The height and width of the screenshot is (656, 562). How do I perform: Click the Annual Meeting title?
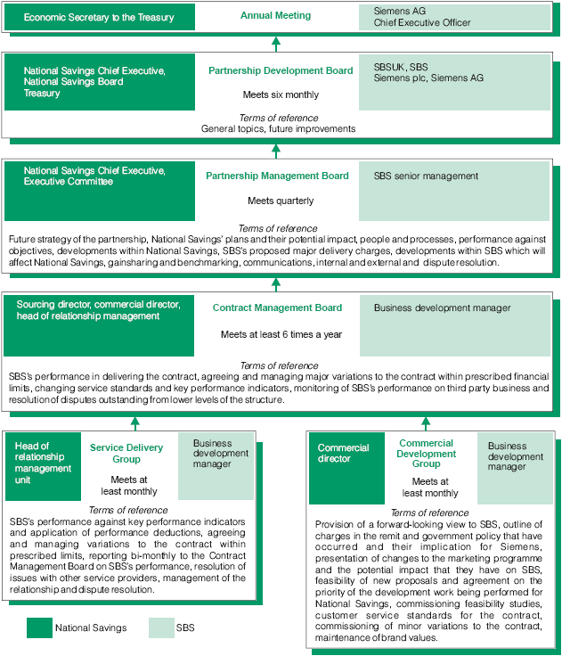point(276,15)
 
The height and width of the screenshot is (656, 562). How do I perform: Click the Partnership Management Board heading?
point(277,176)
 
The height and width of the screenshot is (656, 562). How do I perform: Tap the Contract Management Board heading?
point(277,307)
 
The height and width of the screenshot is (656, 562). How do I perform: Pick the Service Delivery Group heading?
point(126,453)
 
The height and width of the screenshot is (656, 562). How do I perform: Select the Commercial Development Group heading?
point(426,453)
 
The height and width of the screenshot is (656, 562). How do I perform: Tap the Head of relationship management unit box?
point(41,466)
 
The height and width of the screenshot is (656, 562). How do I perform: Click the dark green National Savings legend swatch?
point(39,628)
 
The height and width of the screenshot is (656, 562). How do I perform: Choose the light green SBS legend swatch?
point(160,628)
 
